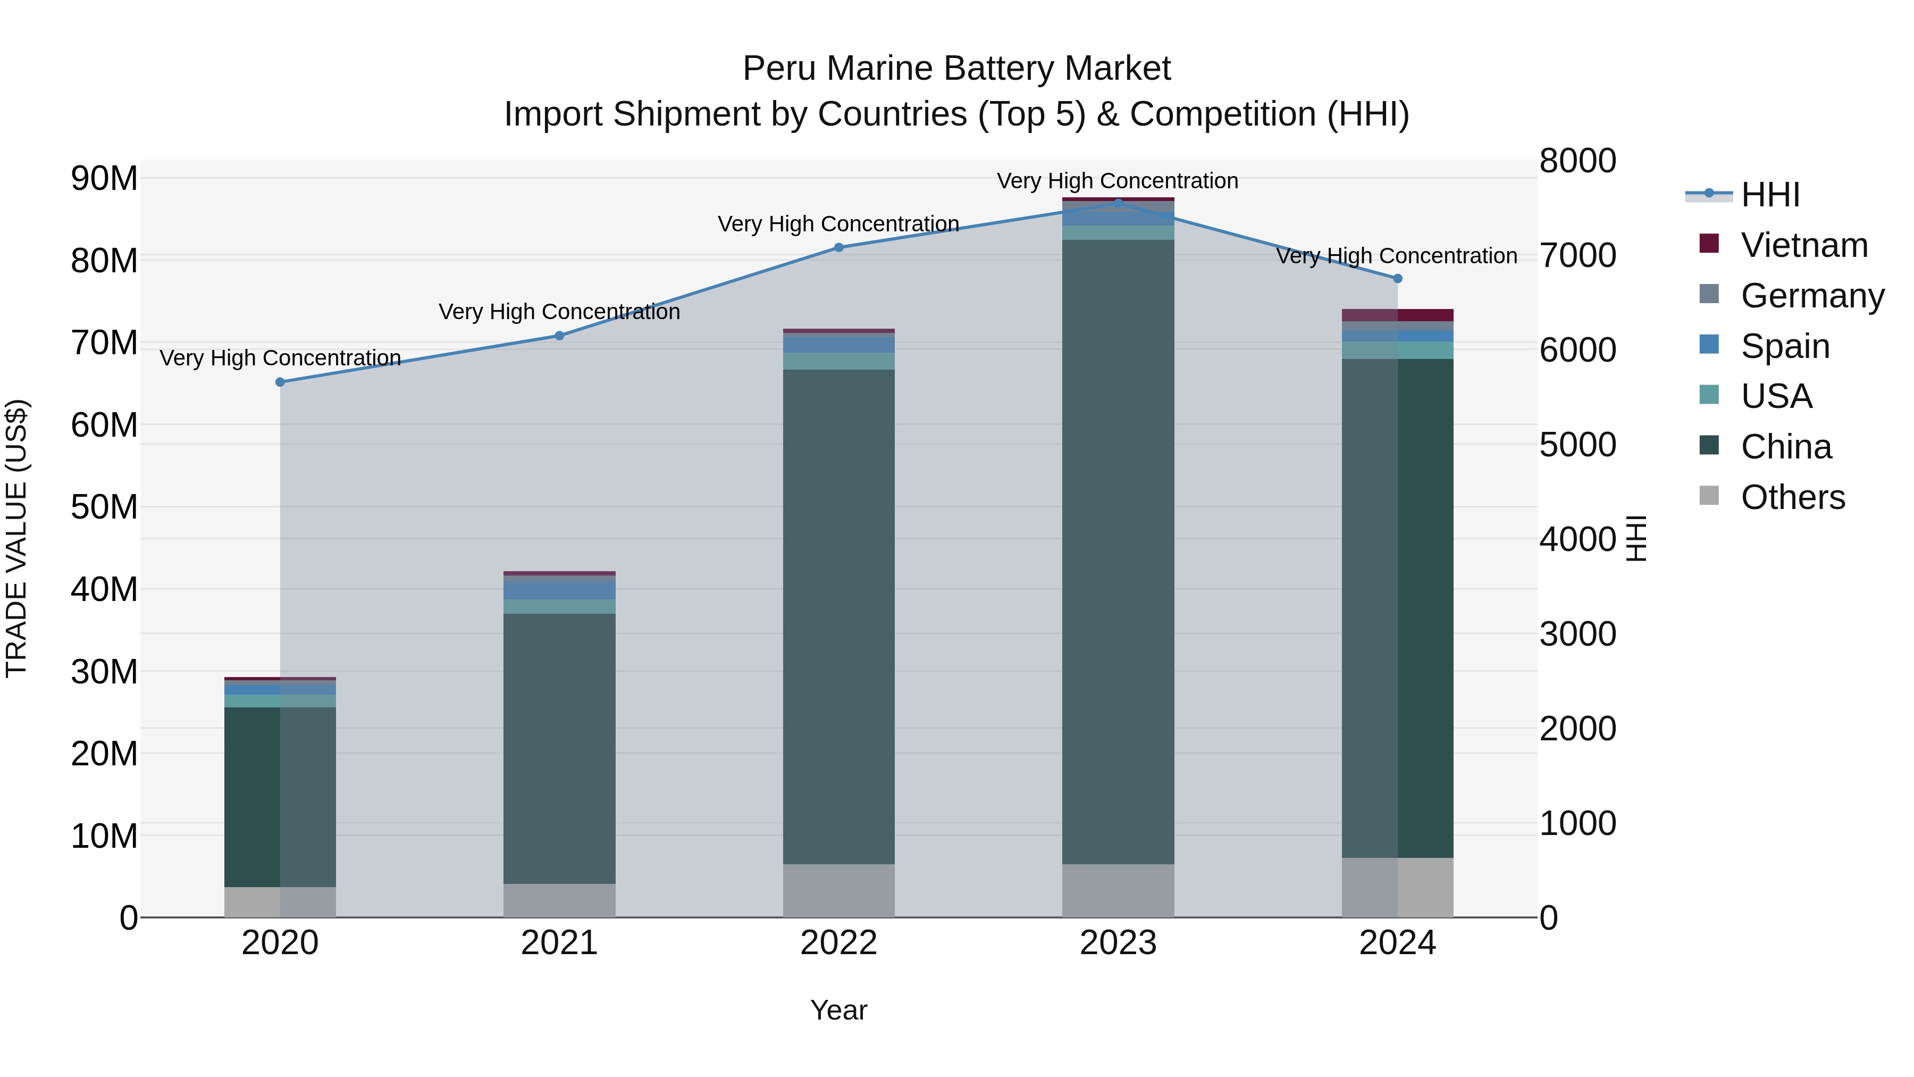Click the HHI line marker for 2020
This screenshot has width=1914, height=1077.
[x=280, y=382]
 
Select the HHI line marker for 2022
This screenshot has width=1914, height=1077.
[x=839, y=247]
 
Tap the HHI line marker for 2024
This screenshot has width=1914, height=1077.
[x=1398, y=279]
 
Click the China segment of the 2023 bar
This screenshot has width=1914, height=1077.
[x=1118, y=550]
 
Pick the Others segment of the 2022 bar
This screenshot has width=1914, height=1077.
[x=839, y=890]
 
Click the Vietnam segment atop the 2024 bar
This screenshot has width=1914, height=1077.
[x=1398, y=315]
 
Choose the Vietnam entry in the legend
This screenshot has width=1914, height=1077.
[x=1803, y=245]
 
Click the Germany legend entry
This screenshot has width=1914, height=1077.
[x=1811, y=296]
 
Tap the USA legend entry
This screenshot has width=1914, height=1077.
[x=1776, y=396]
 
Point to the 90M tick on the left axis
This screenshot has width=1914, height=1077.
[x=104, y=178]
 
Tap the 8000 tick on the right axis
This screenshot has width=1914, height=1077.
[x=1577, y=161]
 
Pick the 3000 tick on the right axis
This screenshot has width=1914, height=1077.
[x=1577, y=634]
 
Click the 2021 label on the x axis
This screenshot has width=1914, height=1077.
[x=559, y=943]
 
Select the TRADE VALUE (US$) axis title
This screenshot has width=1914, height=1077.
[x=16, y=538]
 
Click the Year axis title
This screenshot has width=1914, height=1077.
[x=839, y=1010]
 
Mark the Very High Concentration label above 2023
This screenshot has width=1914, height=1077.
[x=1118, y=181]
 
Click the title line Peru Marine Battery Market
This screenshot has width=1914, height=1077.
[x=956, y=69]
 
